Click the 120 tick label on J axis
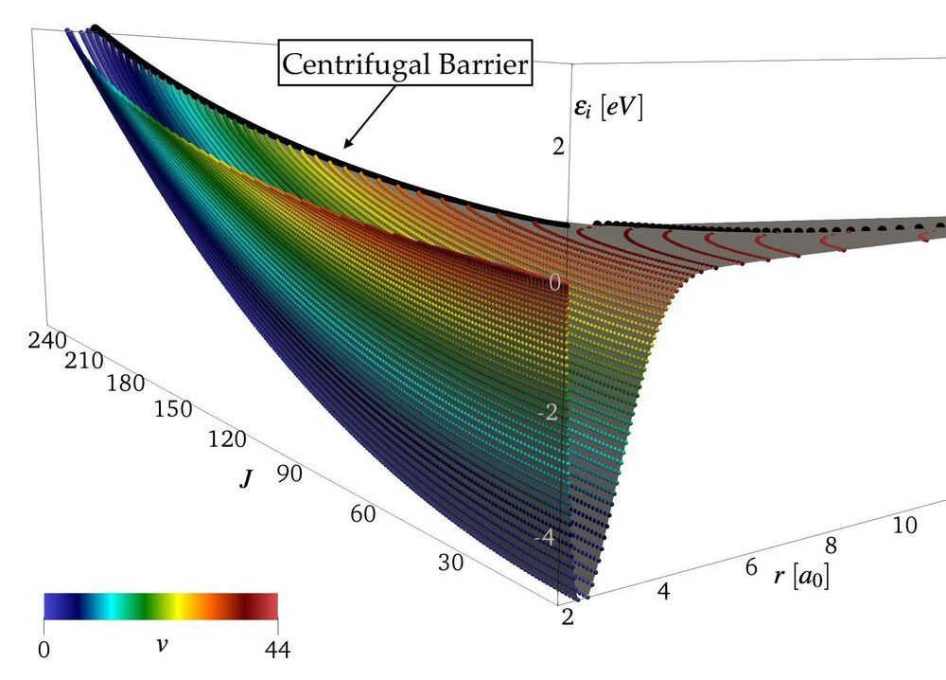coord(227,439)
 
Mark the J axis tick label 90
coord(289,474)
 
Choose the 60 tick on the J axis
coord(362,514)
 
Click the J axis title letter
coord(245,479)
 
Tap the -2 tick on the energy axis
coord(553,414)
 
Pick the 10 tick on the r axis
coord(904,526)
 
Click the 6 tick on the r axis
coord(751,567)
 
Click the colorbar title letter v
coord(160,645)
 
